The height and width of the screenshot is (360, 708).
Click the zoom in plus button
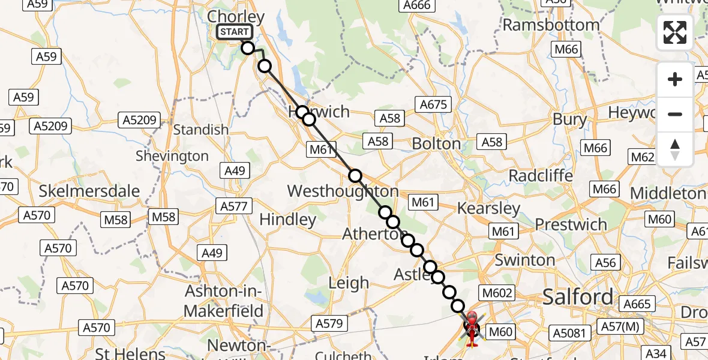click(x=675, y=79)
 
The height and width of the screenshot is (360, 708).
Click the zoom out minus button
click(x=675, y=114)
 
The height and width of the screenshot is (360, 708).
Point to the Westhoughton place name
click(x=343, y=191)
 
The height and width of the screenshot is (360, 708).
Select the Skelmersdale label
click(x=89, y=191)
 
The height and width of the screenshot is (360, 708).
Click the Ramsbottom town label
click(x=551, y=25)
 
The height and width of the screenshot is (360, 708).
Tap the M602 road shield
click(x=496, y=292)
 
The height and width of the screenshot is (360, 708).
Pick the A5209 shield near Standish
click(x=140, y=119)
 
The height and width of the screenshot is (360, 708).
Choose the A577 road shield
click(x=233, y=206)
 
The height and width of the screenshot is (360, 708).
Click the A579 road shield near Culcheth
click(x=329, y=323)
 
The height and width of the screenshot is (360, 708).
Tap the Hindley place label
click(x=288, y=220)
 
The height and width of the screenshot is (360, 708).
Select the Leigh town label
click(x=349, y=283)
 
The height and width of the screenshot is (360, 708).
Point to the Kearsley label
click(x=488, y=208)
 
